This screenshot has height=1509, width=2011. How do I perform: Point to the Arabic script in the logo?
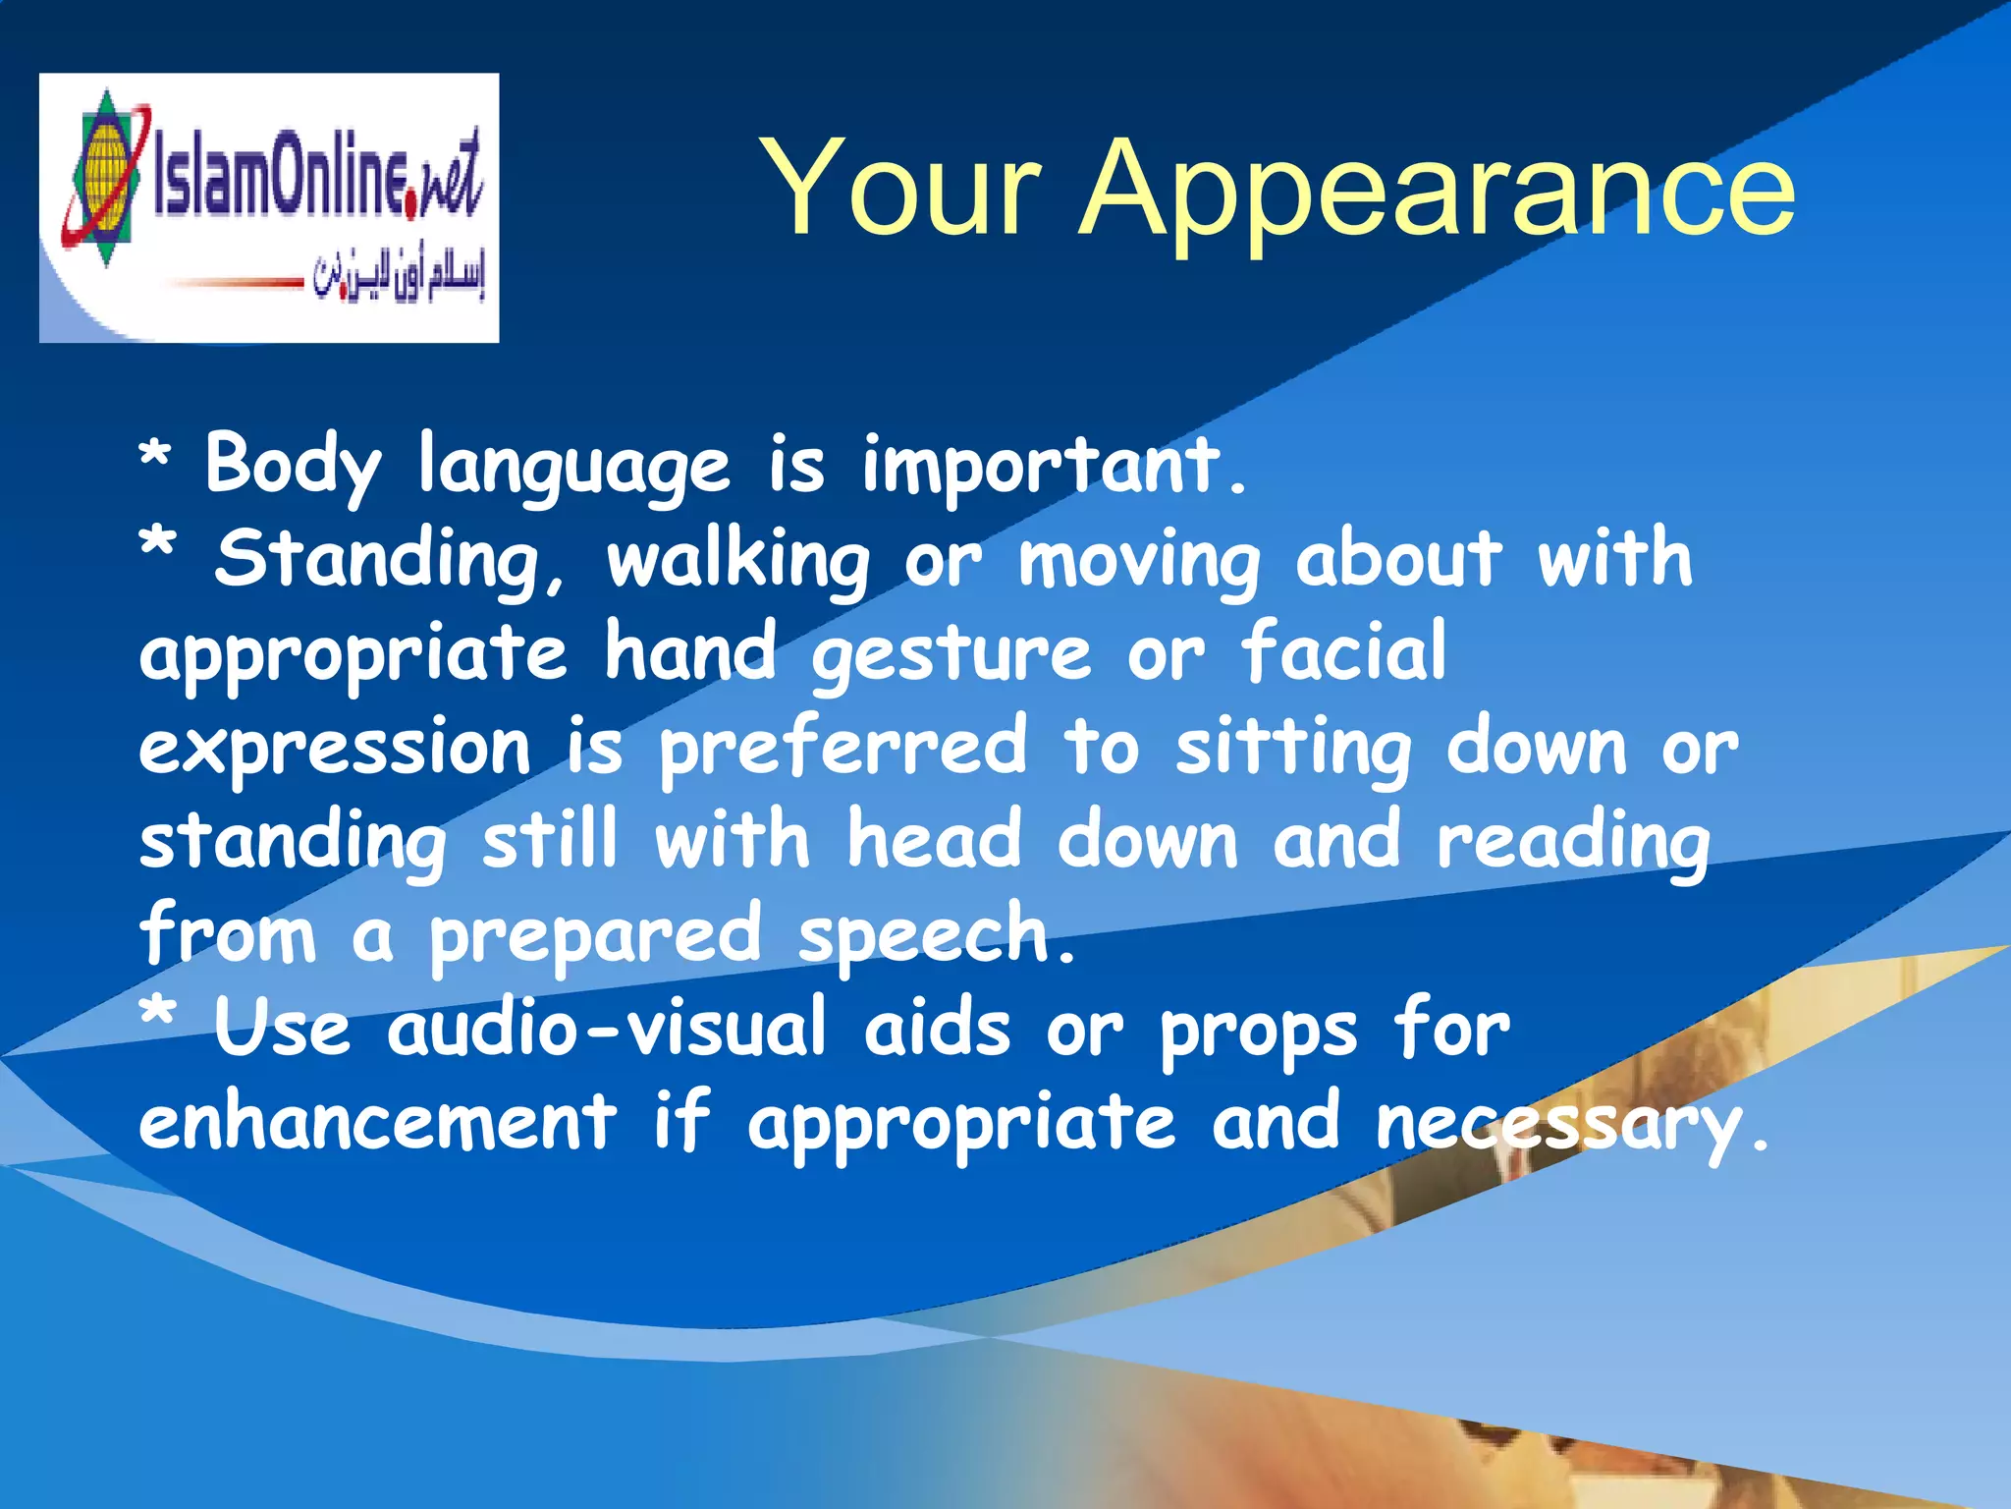(x=399, y=278)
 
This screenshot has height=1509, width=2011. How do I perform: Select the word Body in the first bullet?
(x=292, y=465)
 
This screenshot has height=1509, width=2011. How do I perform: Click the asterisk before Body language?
(x=155, y=458)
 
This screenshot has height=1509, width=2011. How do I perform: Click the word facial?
(x=1343, y=650)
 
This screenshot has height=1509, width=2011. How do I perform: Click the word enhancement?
(x=377, y=1122)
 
